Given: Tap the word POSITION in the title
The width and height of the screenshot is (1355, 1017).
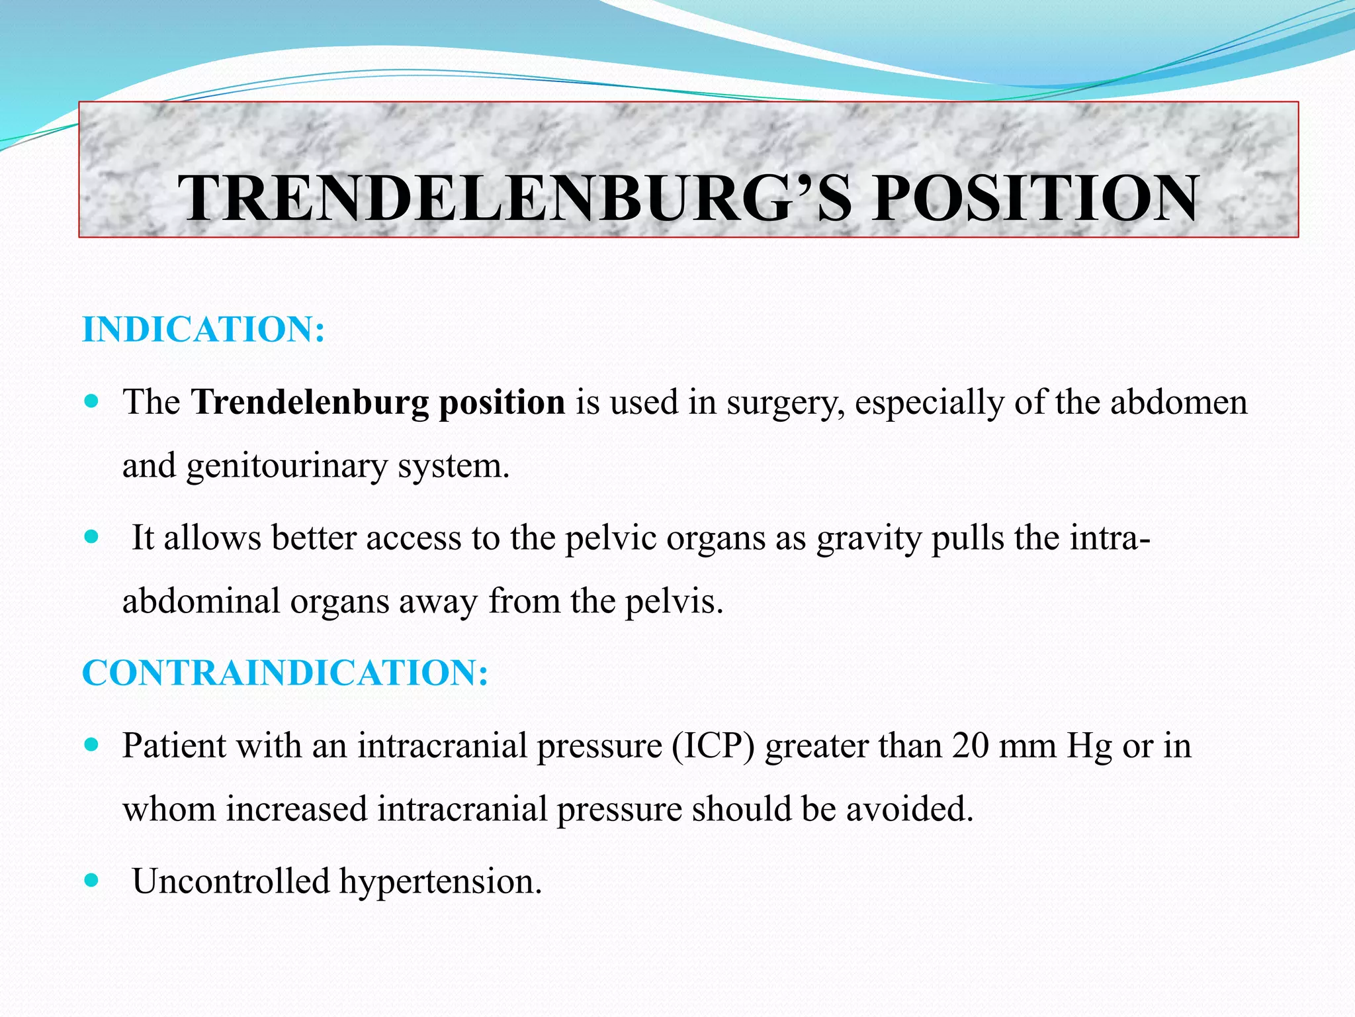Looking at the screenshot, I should click(1034, 199).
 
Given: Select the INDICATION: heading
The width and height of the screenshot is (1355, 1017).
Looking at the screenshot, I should click(203, 330).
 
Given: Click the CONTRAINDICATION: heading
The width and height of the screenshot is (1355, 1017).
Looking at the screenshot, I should click(285, 673).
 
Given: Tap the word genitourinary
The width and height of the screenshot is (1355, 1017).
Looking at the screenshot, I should click(286, 466).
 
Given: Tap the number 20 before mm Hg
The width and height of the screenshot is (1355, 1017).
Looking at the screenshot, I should click(971, 746).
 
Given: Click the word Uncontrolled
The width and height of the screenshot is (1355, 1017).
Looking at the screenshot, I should click(231, 881).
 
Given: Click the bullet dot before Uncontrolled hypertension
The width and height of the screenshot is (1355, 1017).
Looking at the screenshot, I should click(92, 881).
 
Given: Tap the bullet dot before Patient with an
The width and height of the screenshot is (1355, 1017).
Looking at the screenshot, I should click(92, 745).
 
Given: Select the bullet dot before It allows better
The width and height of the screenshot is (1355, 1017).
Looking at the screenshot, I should click(92, 536).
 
